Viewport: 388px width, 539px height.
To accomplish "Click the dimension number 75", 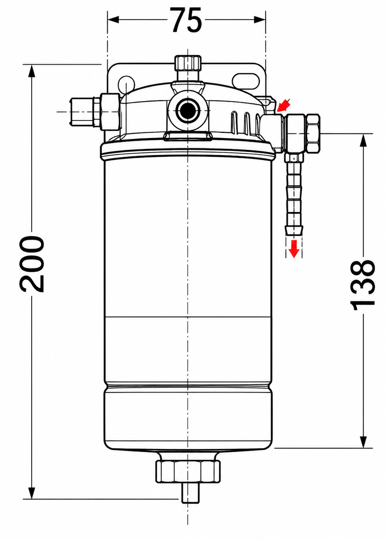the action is [x=187, y=20].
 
